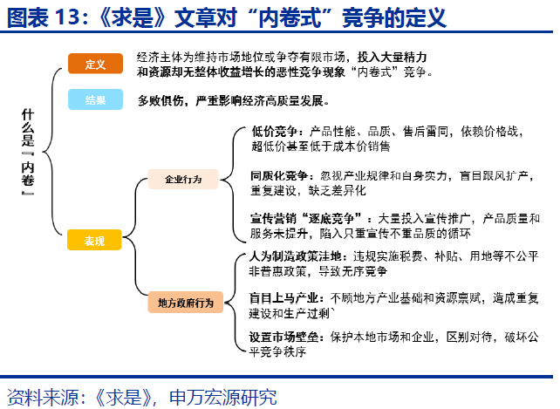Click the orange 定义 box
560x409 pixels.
[95, 65]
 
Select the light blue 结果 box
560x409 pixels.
[95, 100]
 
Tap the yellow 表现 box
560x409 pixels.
[95, 241]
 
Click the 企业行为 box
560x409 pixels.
[184, 180]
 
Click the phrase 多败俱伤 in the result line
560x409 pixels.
[160, 101]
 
